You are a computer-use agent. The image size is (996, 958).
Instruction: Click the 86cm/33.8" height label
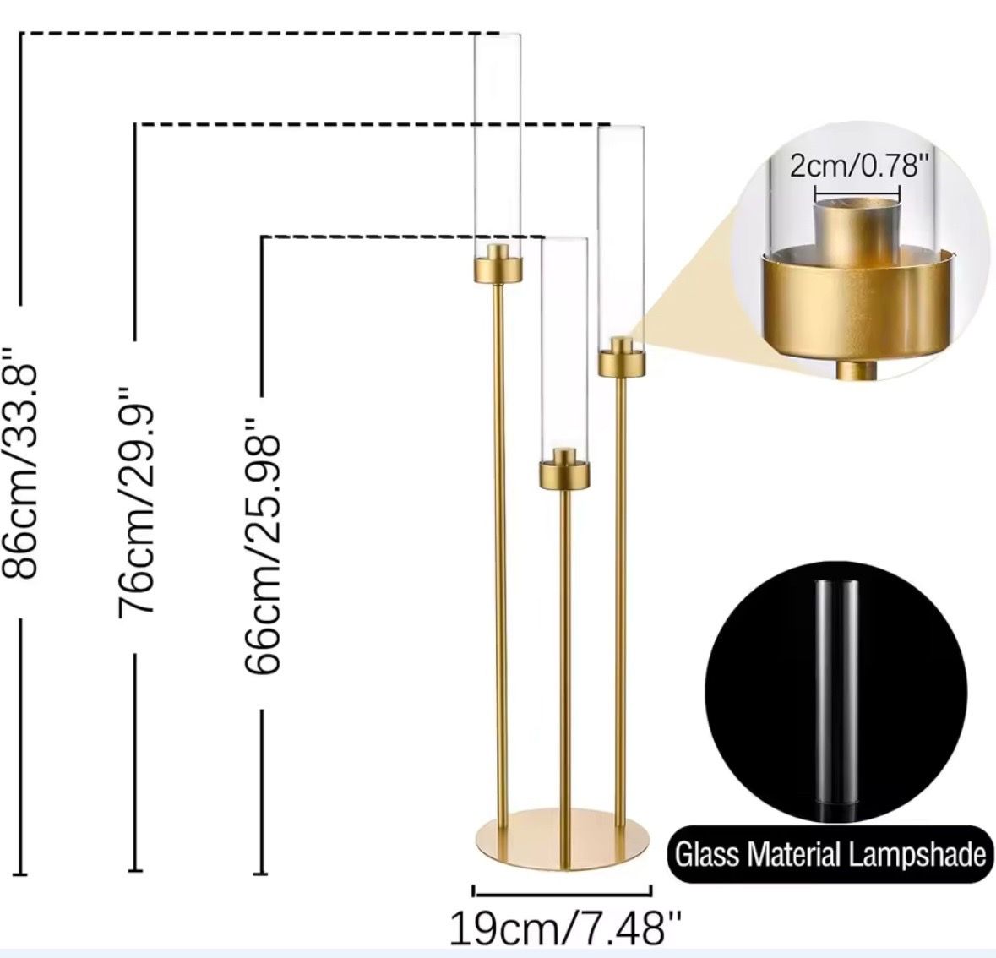pyautogui.click(x=24, y=462)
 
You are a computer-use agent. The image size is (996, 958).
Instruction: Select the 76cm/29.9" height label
pyautogui.click(x=138, y=499)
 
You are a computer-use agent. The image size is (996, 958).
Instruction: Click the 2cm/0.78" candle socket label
pyautogui.click(x=855, y=166)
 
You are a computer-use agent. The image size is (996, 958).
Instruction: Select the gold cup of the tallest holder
pyautogui.click(x=498, y=263)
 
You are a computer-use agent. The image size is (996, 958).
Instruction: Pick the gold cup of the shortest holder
pyautogui.click(x=564, y=470)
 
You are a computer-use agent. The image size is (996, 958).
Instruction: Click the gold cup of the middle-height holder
pyautogui.click(x=622, y=357)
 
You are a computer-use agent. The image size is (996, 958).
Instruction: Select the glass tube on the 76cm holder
pyautogui.click(x=622, y=238)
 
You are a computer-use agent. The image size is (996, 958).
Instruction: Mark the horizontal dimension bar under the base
pyautogui.click(x=562, y=891)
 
